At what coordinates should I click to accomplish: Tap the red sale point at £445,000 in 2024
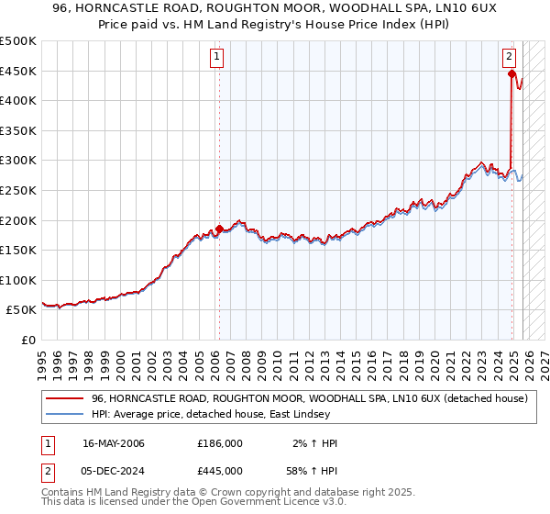pos(511,73)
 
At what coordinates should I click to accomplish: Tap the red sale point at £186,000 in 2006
pos(219,229)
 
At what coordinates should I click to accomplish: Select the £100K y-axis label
pos(19,280)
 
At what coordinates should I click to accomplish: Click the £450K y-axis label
pos(19,72)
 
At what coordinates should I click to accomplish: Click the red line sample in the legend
pos(65,398)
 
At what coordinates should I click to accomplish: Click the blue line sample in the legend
pos(65,414)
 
